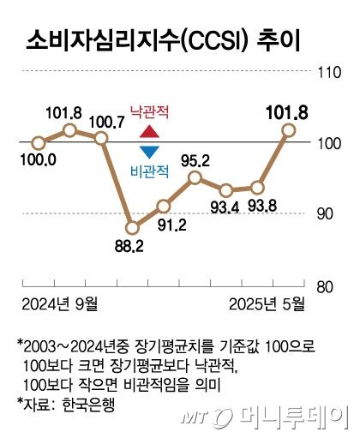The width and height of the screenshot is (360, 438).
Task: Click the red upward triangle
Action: click(149, 133)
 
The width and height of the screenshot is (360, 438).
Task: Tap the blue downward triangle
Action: click(149, 153)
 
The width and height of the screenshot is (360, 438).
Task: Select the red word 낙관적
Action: click(150, 112)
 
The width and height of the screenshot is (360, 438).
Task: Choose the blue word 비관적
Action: click(149, 171)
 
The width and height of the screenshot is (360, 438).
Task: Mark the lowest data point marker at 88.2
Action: click(132, 228)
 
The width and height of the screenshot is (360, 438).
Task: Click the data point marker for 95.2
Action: click(195, 177)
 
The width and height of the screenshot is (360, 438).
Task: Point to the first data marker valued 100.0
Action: click(38, 143)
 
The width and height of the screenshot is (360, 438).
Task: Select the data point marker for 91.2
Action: click(164, 206)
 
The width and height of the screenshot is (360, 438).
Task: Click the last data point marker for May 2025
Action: click(289, 129)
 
